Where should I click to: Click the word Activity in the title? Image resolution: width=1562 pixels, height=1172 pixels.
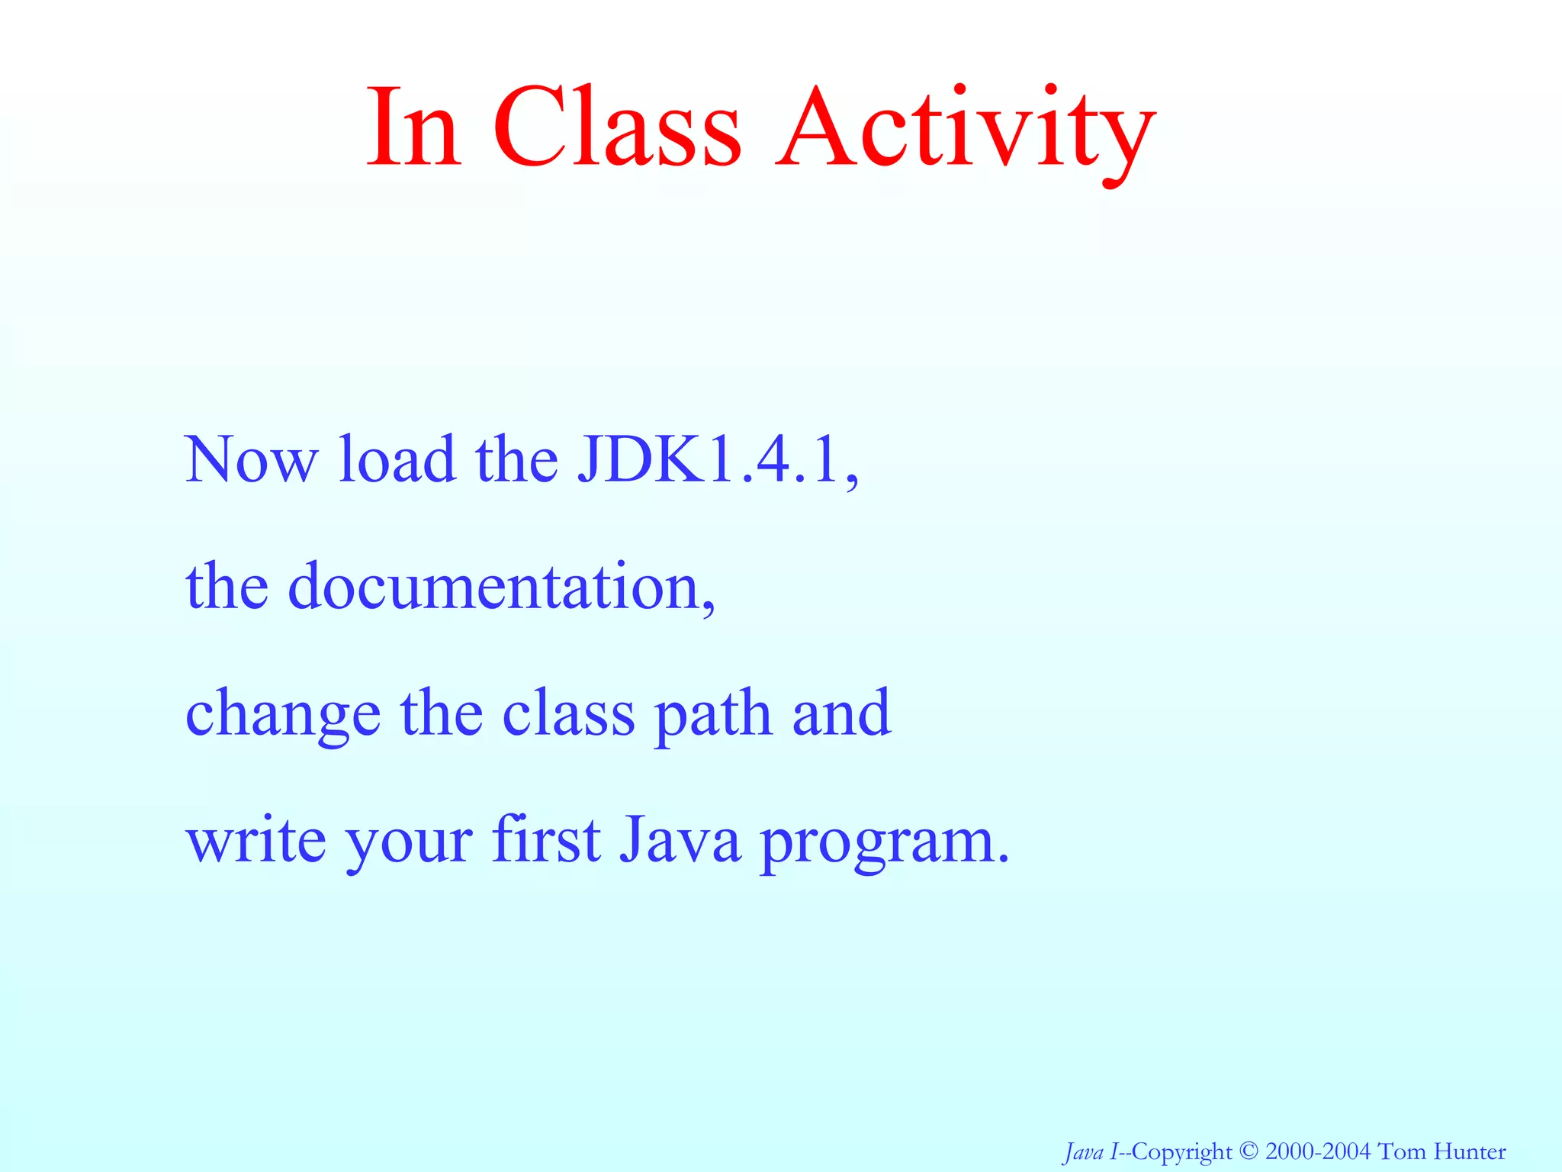point(965,130)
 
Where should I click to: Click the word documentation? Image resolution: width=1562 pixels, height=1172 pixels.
point(500,587)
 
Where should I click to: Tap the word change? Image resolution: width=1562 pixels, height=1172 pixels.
point(283,714)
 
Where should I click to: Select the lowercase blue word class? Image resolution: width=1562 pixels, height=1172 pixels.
point(568,714)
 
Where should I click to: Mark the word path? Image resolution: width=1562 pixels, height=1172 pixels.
point(713,714)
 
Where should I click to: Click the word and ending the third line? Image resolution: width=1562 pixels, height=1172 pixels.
point(841,714)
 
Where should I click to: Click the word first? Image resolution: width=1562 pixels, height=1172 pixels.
point(546,839)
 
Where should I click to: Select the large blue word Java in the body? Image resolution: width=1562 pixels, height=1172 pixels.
point(679,839)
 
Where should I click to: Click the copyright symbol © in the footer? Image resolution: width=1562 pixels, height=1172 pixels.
point(1248,1151)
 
